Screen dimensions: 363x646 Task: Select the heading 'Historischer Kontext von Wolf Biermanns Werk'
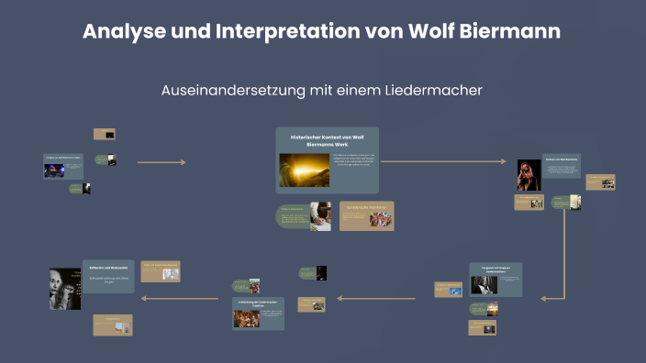[x=328, y=139]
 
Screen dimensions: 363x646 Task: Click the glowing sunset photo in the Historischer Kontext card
[x=303, y=170]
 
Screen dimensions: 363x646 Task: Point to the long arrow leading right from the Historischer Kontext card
[x=442, y=161]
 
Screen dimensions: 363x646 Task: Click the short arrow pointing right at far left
[x=161, y=162]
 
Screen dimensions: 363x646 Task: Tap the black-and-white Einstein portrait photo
[x=64, y=289]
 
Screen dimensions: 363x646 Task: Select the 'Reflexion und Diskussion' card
[x=109, y=276]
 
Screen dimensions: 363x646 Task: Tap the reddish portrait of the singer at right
[x=529, y=174]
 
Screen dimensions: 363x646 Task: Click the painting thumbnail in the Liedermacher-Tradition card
[x=245, y=318]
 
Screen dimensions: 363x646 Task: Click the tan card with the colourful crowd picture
[x=367, y=215]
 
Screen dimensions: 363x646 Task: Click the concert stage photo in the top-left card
[x=54, y=170]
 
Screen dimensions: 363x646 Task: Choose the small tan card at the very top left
[x=104, y=134]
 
